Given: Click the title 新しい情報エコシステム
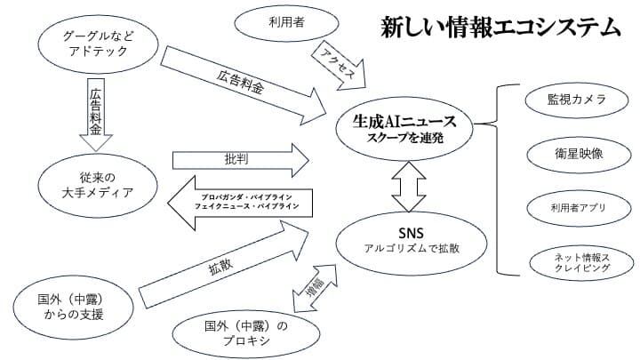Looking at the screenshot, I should tap(500, 28).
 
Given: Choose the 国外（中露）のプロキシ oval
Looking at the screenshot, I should tap(241, 331).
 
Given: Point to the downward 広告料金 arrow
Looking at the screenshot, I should tap(94, 115).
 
